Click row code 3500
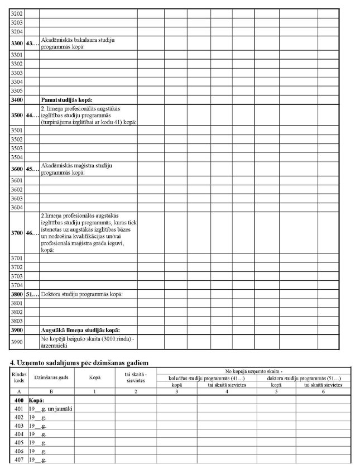tap(17, 115)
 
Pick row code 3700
tap(17, 232)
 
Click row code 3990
tap(17, 342)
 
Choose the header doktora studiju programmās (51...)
tap(302, 378)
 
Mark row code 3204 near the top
tap(17, 32)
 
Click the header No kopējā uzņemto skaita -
tap(258, 371)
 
